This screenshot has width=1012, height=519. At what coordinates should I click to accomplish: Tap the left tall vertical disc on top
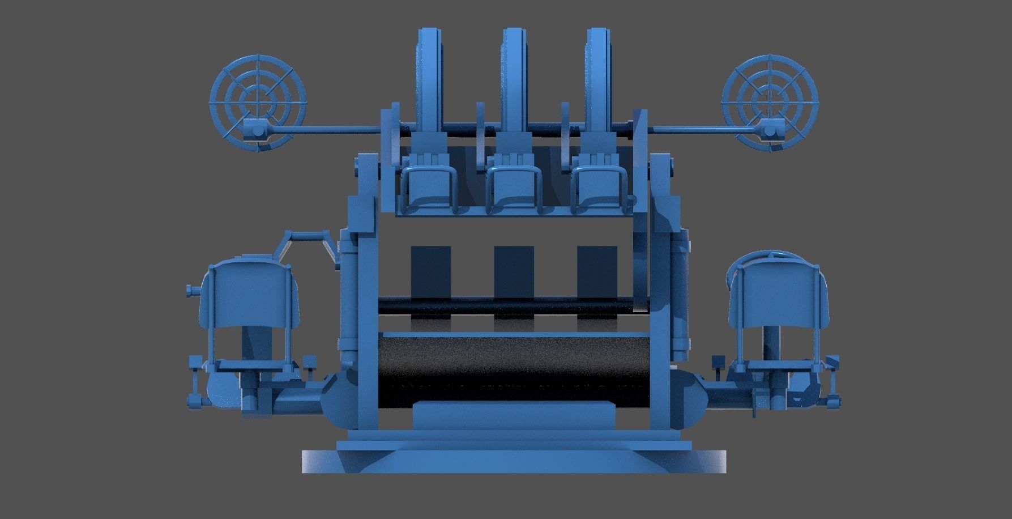coord(430,79)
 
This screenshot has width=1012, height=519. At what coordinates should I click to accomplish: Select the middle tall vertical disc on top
coord(514,79)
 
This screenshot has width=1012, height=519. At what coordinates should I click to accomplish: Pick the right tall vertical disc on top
coord(598,79)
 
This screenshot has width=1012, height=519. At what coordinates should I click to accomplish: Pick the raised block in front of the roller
coord(514,416)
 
